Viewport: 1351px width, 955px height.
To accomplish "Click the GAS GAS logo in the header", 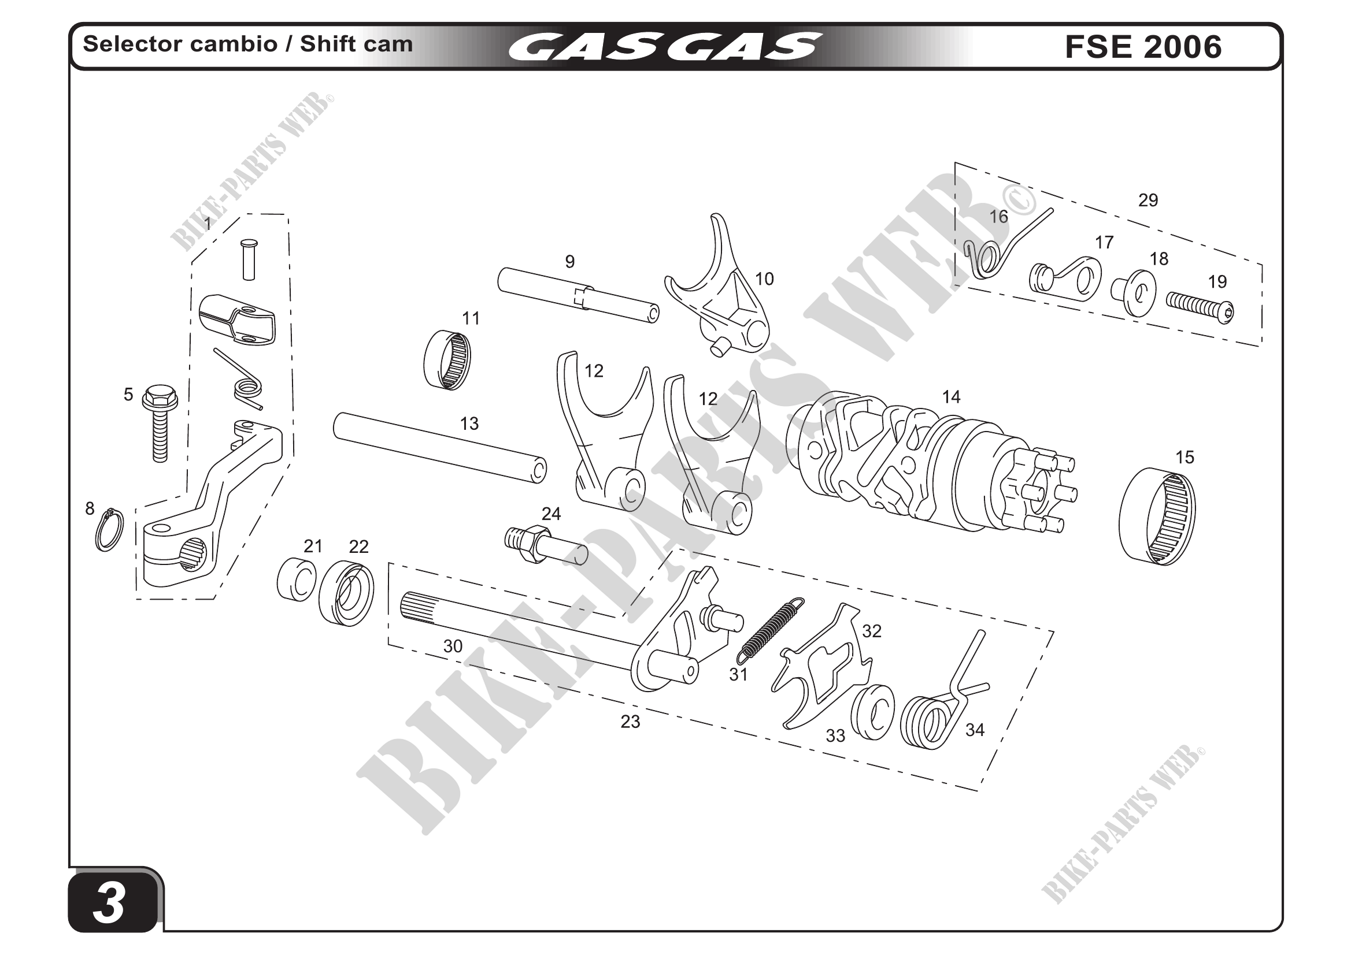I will [665, 46].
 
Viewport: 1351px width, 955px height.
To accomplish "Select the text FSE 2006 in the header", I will [1143, 46].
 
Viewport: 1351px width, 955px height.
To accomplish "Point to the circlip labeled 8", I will [110, 530].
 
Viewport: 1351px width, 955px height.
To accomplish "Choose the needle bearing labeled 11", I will [448, 360].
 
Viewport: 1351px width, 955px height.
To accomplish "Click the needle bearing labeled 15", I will [1157, 516].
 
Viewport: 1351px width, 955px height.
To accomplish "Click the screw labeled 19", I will [1200, 307].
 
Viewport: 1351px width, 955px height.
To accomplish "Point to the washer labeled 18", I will [1134, 293].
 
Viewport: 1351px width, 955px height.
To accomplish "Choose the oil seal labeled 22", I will [346, 593].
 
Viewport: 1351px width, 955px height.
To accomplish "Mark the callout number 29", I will [1148, 200].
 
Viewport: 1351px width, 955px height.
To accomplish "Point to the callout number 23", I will [630, 722].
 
